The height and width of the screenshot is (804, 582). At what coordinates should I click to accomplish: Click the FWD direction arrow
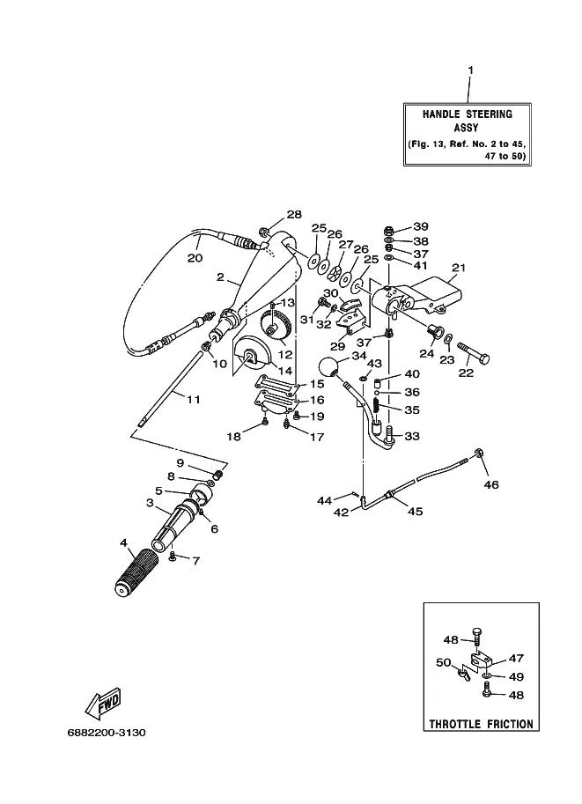tap(102, 703)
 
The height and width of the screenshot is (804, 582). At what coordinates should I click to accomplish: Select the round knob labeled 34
tap(328, 367)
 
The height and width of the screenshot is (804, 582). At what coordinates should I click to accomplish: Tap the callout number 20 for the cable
tap(195, 258)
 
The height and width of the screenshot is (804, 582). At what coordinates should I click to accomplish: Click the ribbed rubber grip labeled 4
tap(139, 572)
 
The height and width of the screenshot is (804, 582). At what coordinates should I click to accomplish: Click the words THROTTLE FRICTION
tap(481, 724)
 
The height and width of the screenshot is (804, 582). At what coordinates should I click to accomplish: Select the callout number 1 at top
tap(469, 70)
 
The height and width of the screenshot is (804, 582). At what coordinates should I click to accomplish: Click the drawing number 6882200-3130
tap(105, 732)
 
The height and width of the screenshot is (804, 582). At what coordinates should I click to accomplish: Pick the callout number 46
tap(491, 484)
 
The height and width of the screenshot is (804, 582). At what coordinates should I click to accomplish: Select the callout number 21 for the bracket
tap(458, 268)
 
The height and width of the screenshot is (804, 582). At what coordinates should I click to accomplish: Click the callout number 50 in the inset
tap(443, 661)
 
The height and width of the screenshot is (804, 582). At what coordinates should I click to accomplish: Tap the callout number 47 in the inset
tap(515, 658)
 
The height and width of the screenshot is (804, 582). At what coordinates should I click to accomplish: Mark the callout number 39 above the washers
tap(421, 226)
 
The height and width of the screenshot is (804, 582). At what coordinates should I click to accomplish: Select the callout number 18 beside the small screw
tap(233, 436)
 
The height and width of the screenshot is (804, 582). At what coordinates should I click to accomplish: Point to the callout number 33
tap(412, 436)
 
